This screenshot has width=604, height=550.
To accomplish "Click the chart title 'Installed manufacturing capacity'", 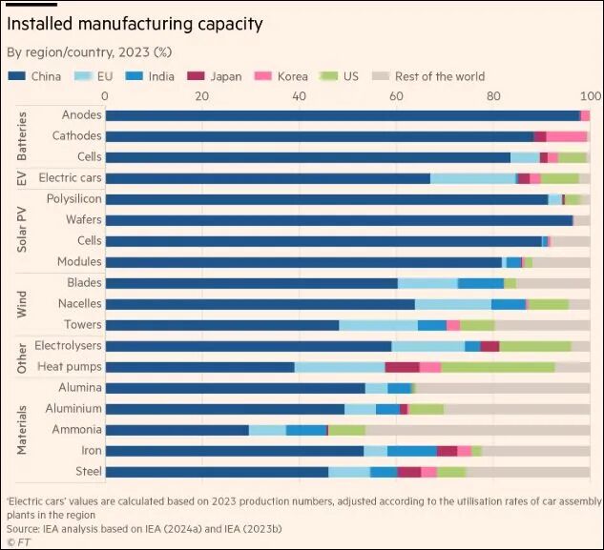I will point(135,23).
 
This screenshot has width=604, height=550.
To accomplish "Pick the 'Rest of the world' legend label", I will point(440,76).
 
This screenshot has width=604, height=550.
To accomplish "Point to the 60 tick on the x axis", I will point(396,96).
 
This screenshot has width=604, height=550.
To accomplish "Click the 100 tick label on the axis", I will point(591,96).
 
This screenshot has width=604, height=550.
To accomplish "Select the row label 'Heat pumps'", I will point(70,367).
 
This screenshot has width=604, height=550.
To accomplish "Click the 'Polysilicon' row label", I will point(73,199).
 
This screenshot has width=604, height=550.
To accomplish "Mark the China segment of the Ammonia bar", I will point(177,430).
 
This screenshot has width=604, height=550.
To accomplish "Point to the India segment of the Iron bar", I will point(412,451).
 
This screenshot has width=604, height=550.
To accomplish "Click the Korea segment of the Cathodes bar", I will point(567,136).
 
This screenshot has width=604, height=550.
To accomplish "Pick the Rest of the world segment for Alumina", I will point(503,388).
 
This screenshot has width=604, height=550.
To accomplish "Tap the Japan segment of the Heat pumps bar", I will point(402,367).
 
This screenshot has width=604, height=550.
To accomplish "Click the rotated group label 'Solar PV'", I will point(22,231).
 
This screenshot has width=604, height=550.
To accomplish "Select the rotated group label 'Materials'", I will point(22,430).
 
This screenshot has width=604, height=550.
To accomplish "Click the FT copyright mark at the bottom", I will point(18,541).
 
